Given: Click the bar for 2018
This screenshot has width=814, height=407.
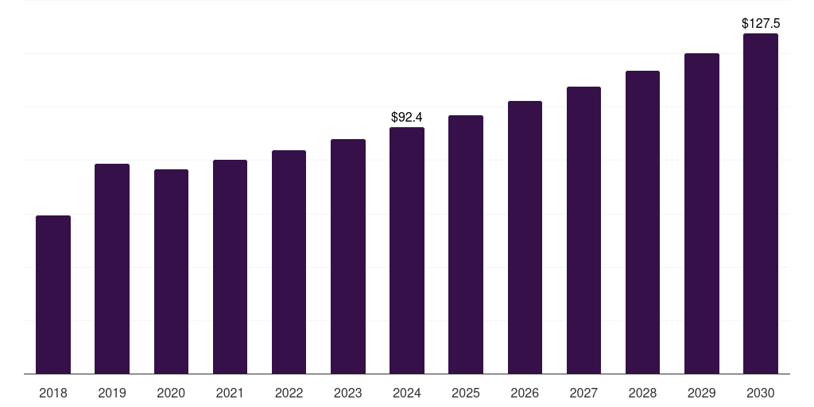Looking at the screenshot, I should [53, 294].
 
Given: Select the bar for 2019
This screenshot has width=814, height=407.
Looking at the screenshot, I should [112, 269].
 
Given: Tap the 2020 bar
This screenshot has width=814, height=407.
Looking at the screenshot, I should [171, 271].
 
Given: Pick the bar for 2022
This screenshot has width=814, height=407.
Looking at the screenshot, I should [289, 262].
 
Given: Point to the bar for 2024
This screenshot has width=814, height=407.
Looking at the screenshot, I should [407, 250].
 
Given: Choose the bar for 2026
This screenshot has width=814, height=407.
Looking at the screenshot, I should [525, 237].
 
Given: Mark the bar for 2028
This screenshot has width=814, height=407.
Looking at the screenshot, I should [642, 222].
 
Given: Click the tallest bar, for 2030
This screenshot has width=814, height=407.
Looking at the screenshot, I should [761, 203].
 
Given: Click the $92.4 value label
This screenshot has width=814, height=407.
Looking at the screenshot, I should [407, 118].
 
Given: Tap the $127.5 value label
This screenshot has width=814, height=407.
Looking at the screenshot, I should [761, 24].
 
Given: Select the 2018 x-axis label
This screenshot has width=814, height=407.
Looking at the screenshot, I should [53, 393].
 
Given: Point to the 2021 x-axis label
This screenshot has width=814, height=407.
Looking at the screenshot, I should [230, 393].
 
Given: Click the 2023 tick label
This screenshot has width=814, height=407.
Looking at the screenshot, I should [348, 393].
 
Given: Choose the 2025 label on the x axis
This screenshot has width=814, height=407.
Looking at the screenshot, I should [466, 393].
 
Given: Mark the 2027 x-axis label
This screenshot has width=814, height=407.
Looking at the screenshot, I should [583, 393].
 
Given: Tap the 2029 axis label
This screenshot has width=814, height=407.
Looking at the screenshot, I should [702, 393].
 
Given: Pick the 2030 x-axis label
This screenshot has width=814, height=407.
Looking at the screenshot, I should [761, 393].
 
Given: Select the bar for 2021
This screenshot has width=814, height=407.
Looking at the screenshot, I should [230, 266].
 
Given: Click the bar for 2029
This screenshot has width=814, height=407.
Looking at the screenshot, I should [702, 213].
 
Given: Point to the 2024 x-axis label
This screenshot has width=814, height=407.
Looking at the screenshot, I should [407, 393].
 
